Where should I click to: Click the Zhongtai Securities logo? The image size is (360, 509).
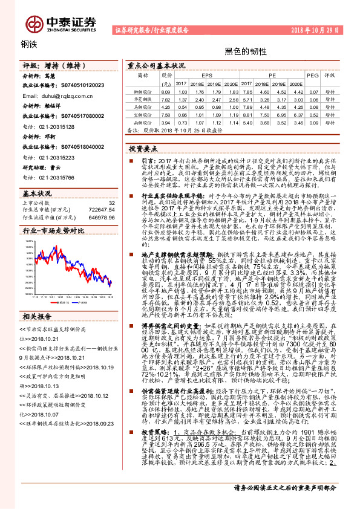point(61,23)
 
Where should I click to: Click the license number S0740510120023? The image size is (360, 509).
point(76,86)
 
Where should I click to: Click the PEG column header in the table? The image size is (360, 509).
point(312,76)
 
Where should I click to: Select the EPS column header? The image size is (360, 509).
point(207,76)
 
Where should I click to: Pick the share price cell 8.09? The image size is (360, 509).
point(166,91)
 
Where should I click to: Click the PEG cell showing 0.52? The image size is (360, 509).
point(312,113)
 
